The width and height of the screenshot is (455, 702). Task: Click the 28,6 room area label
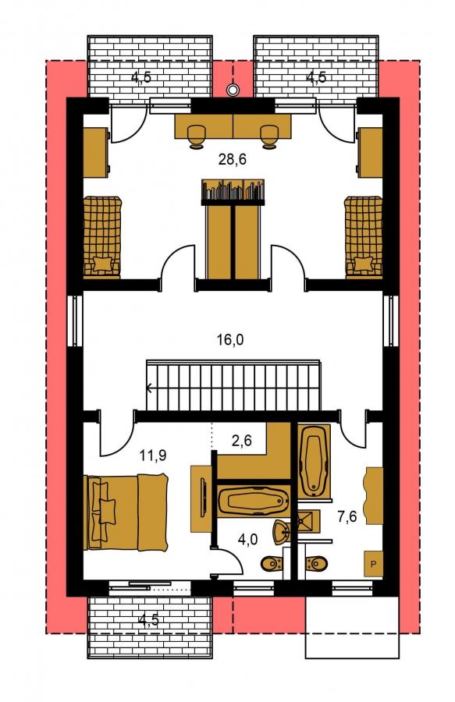tap(233, 159)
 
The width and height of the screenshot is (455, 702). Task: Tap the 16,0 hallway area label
tap(230, 340)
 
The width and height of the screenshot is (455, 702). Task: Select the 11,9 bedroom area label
tap(153, 456)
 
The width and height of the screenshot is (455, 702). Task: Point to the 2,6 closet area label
tap(242, 441)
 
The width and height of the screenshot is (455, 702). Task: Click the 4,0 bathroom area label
tap(247, 540)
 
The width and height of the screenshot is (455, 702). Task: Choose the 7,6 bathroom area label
tap(347, 516)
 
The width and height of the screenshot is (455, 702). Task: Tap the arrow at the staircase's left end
tap(149, 388)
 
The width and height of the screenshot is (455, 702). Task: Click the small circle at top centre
tap(232, 90)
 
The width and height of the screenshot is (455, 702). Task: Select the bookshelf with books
tap(233, 191)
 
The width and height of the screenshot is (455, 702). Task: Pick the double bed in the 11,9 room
tap(126, 512)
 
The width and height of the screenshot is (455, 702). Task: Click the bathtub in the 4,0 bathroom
tap(254, 502)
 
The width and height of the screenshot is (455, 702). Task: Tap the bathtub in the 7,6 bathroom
tap(315, 461)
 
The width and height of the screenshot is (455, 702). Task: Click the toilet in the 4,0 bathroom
tap(271, 563)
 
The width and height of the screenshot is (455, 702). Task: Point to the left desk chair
tap(195, 136)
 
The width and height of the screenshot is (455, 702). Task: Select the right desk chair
tap(270, 136)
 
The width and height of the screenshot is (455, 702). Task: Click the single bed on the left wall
tap(102, 236)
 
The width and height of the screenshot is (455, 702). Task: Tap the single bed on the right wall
tap(363, 236)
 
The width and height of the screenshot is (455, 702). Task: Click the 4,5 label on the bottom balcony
tap(149, 620)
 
